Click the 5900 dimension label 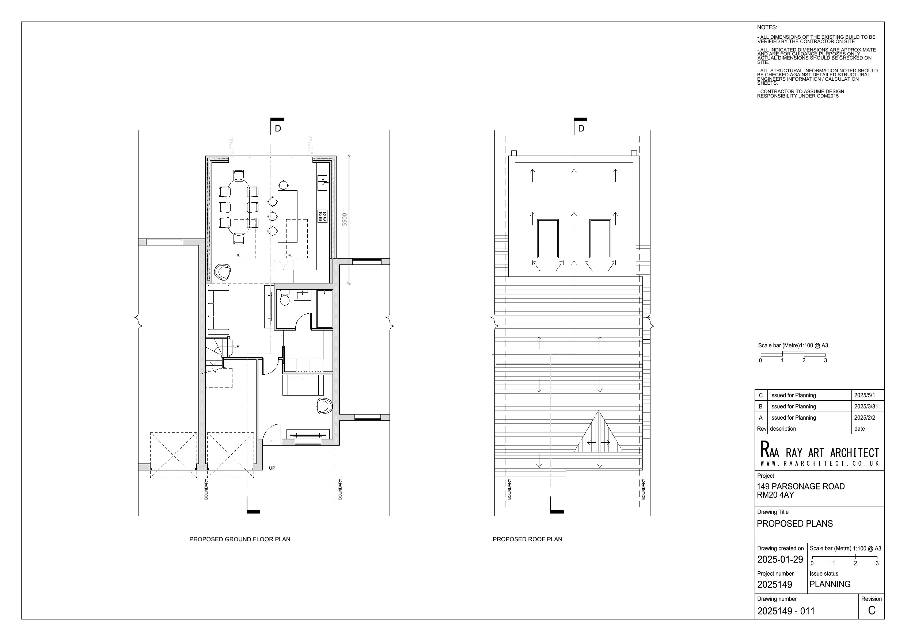click(345, 219)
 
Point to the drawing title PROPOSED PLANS click(795, 524)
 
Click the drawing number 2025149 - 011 click(786, 611)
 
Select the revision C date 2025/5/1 click(865, 395)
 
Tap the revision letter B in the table click(760, 407)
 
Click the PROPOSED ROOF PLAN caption click(527, 539)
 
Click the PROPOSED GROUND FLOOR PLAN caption click(240, 539)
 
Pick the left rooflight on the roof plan click(548, 239)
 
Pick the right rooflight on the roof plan click(600, 239)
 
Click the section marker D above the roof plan click(581, 128)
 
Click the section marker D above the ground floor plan click(278, 128)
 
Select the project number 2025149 click(775, 584)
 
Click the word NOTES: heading click(767, 28)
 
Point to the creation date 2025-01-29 click(780, 559)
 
